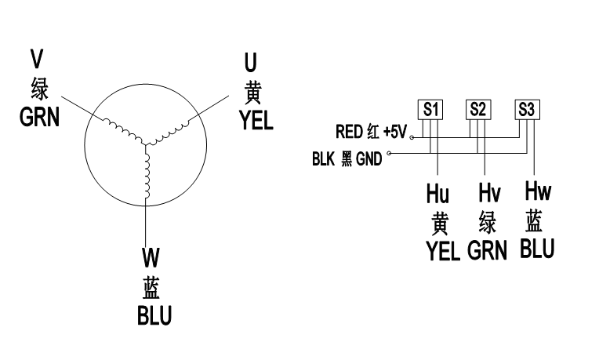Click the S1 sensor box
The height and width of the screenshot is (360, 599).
point(430,109)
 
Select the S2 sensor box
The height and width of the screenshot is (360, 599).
point(477,109)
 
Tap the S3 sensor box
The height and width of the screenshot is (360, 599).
point(527,109)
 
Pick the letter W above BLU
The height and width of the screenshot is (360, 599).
point(151,256)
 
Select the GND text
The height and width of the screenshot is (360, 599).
point(368,160)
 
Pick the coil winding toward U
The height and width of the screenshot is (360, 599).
point(174,131)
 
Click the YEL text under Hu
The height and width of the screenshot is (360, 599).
point(441,250)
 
